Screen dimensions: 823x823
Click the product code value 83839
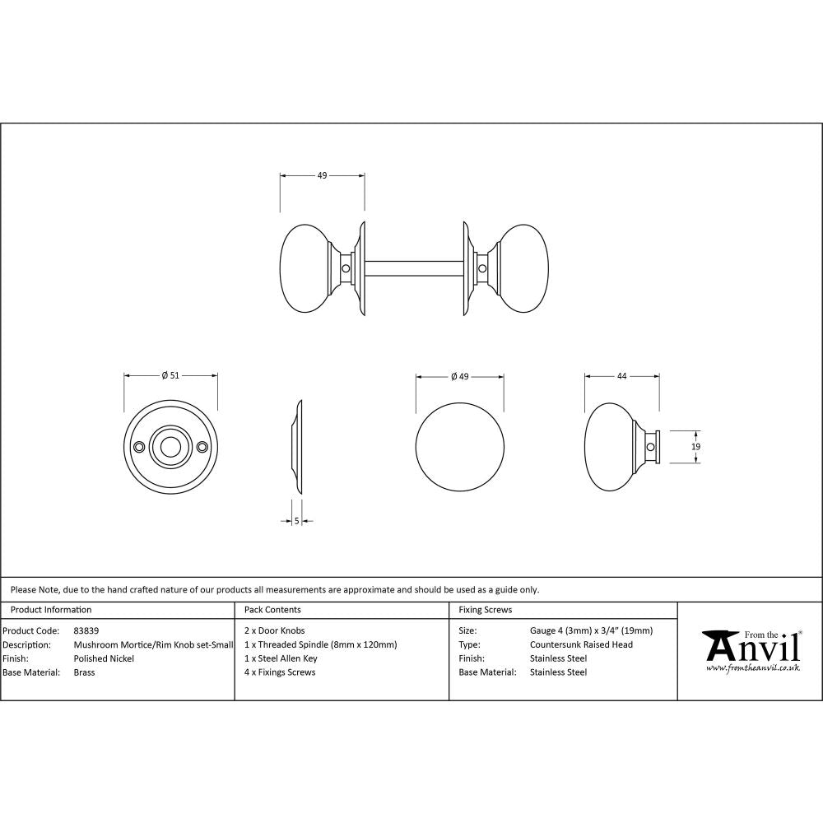pyautogui.click(x=86, y=631)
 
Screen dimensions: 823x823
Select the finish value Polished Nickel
pyautogui.click(x=104, y=658)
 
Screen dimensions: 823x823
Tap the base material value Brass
pyautogui.click(x=84, y=672)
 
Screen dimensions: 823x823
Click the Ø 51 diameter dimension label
pyautogui.click(x=170, y=375)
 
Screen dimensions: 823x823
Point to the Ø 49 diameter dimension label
pyautogui.click(x=459, y=376)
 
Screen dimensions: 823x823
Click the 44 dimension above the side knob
pyautogui.click(x=621, y=376)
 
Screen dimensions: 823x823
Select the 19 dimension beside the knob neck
pyautogui.click(x=696, y=446)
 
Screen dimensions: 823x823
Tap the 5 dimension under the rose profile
pyautogui.click(x=296, y=520)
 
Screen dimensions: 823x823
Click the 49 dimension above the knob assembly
pyautogui.click(x=322, y=175)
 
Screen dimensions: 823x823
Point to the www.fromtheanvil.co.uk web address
pyautogui.click(x=752, y=668)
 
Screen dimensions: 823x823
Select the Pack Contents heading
pyautogui.click(x=272, y=610)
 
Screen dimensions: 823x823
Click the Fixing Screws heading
pyautogui.click(x=485, y=610)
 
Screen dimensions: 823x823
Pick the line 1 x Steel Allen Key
pyautogui.click(x=281, y=658)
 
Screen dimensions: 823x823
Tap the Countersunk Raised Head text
pyautogui.click(x=581, y=644)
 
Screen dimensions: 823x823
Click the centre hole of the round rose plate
pyautogui.click(x=170, y=446)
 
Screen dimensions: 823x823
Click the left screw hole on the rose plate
pyautogui.click(x=139, y=446)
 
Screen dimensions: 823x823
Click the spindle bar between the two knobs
pyautogui.click(x=414, y=268)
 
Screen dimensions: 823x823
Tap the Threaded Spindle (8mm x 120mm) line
pyautogui.click(x=321, y=644)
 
